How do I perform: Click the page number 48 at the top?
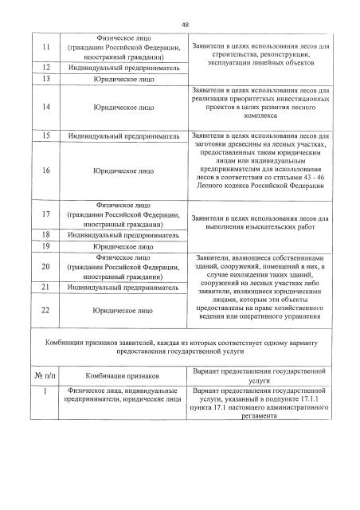point(184,25)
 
